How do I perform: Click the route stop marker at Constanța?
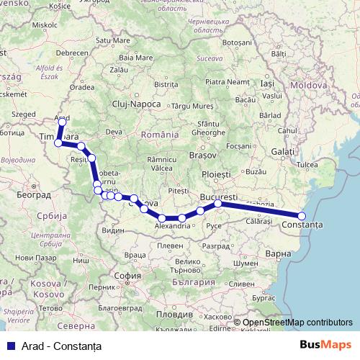[302, 216]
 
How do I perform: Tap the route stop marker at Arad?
[62, 122]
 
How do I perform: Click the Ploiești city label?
[216, 174]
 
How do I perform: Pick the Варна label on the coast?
[277, 253]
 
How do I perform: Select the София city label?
[127, 274]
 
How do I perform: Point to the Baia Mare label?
[136, 57]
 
